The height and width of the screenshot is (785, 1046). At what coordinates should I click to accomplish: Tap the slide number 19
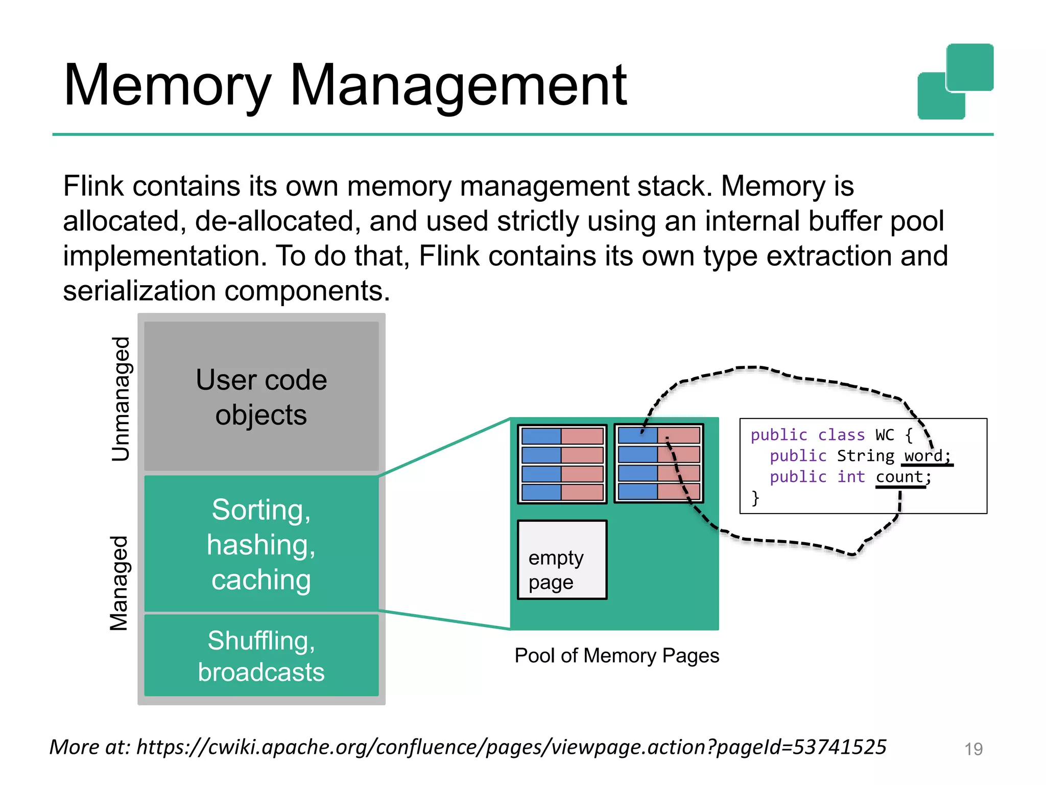click(x=973, y=749)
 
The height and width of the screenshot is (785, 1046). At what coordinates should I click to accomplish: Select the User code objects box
click(x=261, y=397)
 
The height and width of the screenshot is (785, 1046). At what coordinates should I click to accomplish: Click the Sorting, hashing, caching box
click(x=261, y=544)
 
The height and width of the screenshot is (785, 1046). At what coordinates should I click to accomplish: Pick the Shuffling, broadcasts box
click(x=261, y=656)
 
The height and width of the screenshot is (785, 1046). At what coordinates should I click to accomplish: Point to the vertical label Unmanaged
click(x=121, y=399)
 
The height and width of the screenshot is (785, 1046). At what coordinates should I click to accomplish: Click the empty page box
click(x=562, y=560)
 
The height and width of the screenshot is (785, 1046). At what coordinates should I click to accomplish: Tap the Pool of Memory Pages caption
click(x=616, y=656)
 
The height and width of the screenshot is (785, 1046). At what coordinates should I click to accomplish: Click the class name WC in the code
click(x=885, y=435)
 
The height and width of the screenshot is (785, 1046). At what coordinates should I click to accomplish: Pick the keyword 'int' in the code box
click(x=851, y=477)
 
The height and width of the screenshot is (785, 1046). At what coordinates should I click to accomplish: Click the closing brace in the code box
click(x=755, y=498)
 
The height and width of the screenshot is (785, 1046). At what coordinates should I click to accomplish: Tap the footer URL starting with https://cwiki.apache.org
click(x=511, y=747)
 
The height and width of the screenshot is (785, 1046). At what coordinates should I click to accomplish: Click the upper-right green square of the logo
click(x=969, y=67)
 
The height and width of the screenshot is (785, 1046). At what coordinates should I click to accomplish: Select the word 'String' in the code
click(x=865, y=455)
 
